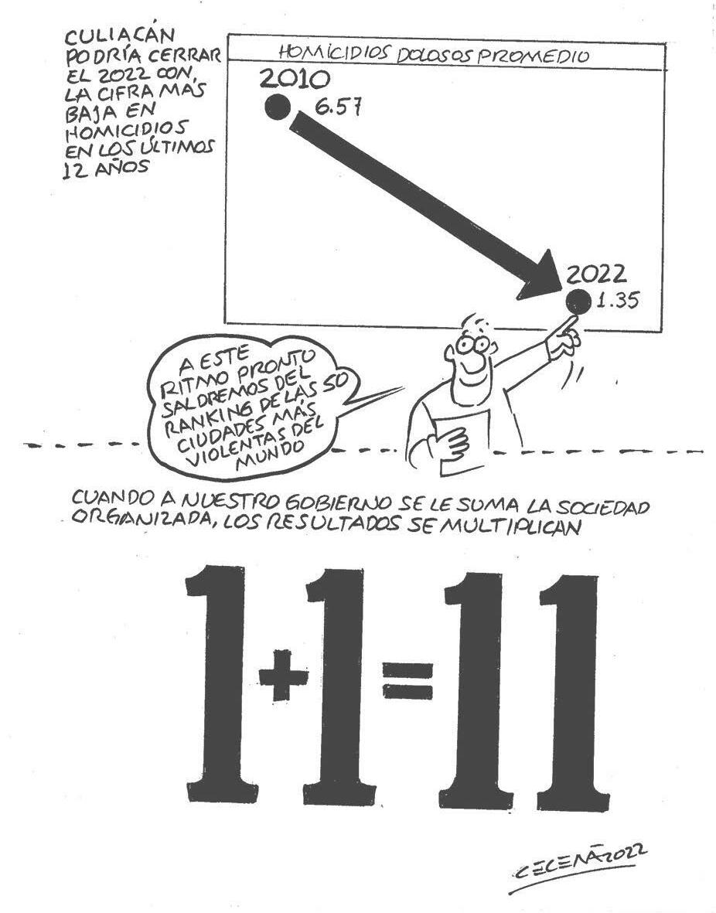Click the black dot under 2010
pyautogui.click(x=276, y=107)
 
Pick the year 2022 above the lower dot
pyautogui.click(x=596, y=274)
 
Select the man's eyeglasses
pyautogui.click(x=469, y=342)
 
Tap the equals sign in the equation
pyautogui.click(x=408, y=680)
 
